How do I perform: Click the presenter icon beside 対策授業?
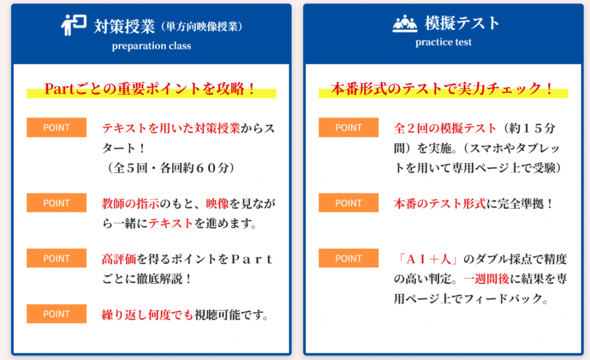pos(74,25)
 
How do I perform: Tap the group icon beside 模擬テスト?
pos(405,23)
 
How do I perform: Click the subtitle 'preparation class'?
pos(152,46)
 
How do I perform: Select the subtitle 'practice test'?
pos(443,42)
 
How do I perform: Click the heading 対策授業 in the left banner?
pos(124,26)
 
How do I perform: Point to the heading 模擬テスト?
pos(462,23)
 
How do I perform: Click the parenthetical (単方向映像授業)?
pos(202,26)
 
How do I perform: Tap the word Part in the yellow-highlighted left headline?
pos(59,89)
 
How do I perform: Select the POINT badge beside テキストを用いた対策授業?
pos(56,127)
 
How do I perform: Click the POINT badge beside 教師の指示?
pos(56,203)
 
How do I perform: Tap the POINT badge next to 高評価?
pos(56,258)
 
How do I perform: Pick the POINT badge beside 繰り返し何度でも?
pos(56,314)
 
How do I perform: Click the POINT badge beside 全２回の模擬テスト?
pos(349,127)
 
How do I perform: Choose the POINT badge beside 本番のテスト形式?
pos(349,203)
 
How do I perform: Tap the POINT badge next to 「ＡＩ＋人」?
pos(349,258)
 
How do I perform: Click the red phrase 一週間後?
pos(486,279)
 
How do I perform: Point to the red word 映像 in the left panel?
pos(217,204)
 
